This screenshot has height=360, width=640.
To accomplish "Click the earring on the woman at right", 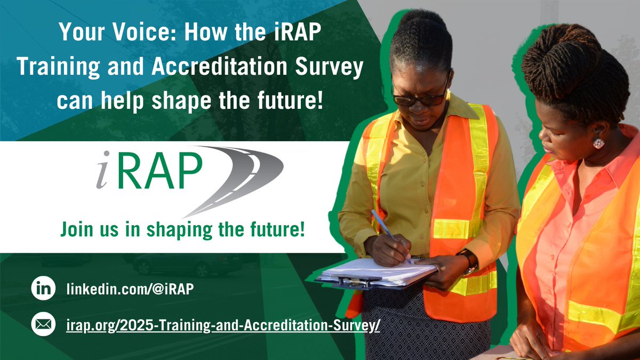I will (x=598, y=143).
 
